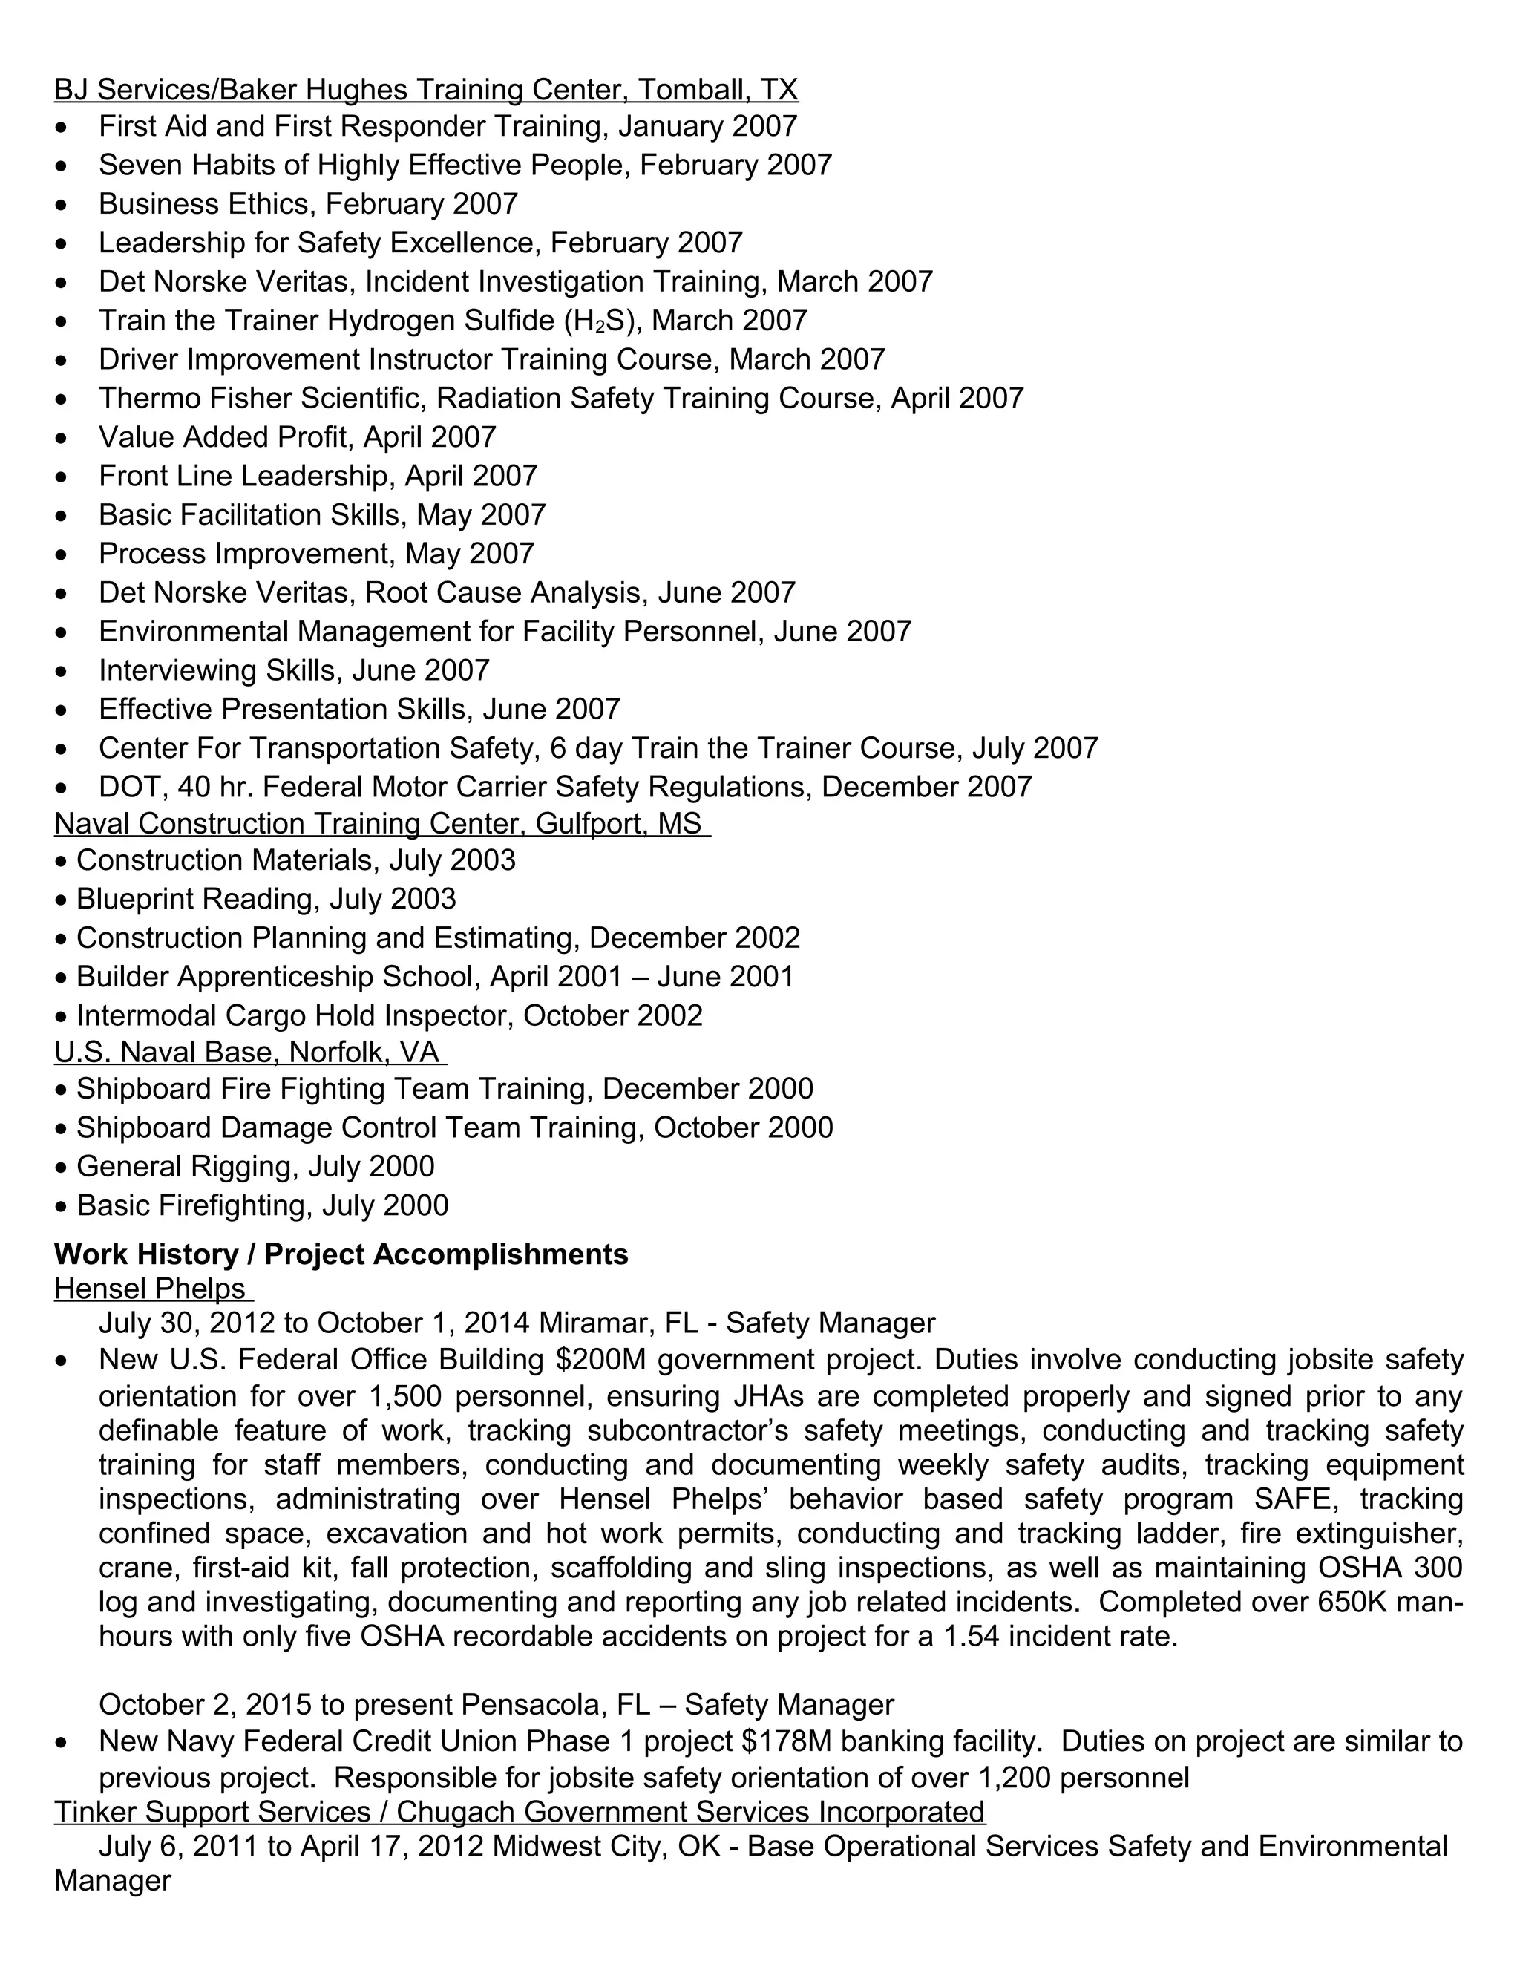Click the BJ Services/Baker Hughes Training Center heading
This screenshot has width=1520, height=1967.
pyautogui.click(x=425, y=89)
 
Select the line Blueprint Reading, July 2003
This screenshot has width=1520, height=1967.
pyautogui.click(x=266, y=899)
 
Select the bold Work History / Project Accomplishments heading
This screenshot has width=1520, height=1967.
pyautogui.click(x=341, y=1254)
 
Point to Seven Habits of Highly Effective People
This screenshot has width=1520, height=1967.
pyautogui.click(x=364, y=166)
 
